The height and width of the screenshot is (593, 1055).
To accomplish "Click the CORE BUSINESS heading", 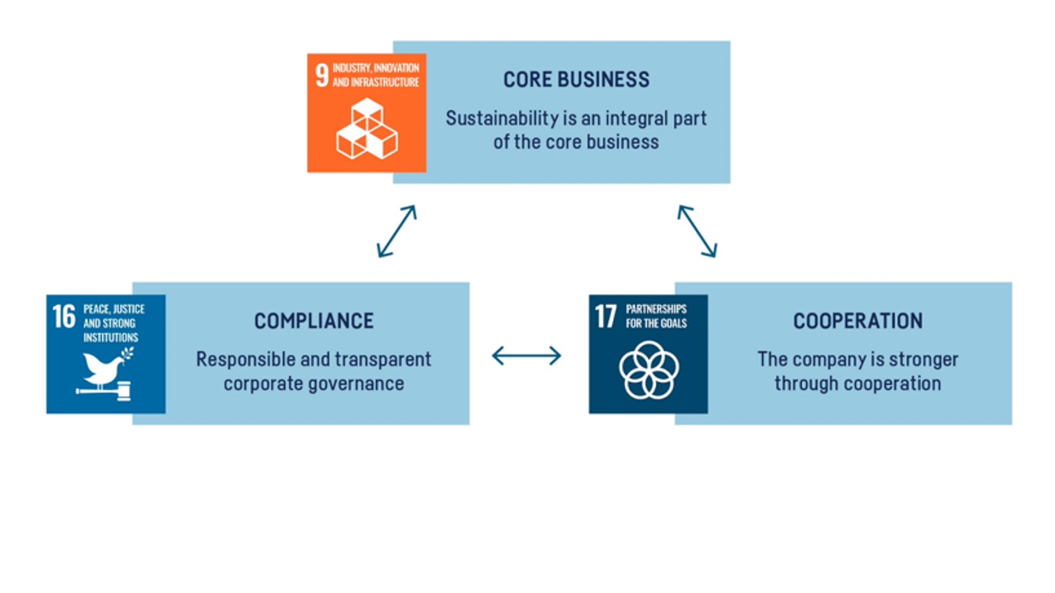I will tap(576, 80).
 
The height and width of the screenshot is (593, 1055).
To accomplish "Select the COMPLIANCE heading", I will tap(313, 321).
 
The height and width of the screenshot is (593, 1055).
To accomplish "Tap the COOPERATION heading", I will tap(857, 321).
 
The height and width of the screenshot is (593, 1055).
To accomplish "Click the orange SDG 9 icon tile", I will tap(367, 113).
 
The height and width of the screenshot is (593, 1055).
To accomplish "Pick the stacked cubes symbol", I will tap(367, 129).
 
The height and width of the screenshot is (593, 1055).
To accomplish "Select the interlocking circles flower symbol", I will tap(648, 370).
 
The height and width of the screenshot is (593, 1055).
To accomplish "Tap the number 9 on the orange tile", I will tap(322, 75).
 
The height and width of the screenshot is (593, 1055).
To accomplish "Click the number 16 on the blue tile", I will tap(64, 317).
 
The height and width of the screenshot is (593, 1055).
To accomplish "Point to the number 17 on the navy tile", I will tap(606, 317).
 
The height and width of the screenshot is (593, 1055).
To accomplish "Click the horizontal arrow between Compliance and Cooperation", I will tap(526, 356).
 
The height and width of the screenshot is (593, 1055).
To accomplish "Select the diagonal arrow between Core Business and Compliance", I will tap(396, 231).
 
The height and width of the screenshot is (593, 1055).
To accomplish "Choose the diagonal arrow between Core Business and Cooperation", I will tap(697, 231).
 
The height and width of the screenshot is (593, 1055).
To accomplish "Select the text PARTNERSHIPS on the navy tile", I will tap(656, 309).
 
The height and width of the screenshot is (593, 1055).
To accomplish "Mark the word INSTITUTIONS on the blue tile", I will tap(110, 338).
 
